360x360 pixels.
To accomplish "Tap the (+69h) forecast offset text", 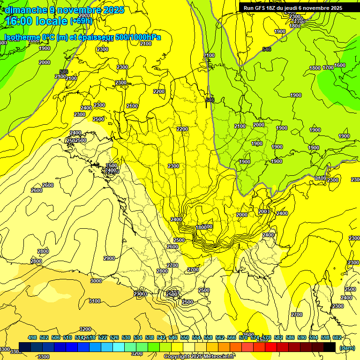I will click(81, 21).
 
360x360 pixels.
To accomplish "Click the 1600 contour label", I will click(340, 65).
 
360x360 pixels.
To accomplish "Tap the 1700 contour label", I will click(328, 67).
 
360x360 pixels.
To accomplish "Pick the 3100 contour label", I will click(94, 301).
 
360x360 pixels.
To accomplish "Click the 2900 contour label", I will click(109, 258).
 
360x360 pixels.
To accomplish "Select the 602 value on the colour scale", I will click(337, 337).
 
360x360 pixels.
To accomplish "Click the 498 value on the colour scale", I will click(32, 337).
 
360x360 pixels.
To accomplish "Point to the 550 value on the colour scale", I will click(185, 337).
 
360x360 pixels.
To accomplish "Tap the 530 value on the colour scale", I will click(126, 337).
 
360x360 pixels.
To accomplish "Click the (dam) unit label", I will click(347, 347).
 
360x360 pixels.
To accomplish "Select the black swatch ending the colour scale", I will click(330, 347).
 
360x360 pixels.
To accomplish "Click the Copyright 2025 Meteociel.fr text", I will click(199, 357).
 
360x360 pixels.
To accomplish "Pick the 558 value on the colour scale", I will click(208, 337).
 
